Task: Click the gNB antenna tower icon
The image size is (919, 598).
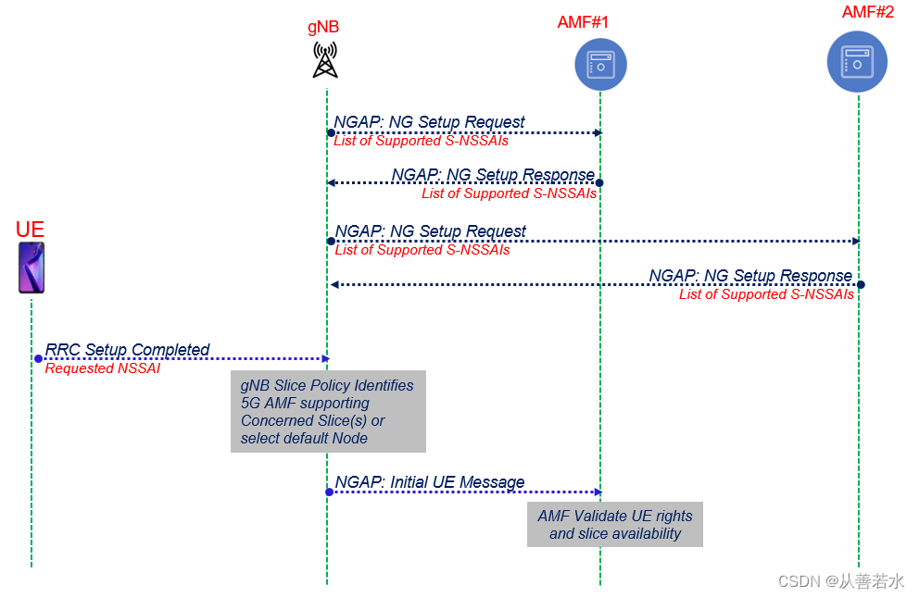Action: pyautogui.click(x=325, y=59)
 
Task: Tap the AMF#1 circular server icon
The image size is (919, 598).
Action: pyautogui.click(x=600, y=65)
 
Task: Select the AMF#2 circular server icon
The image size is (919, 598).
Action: pyautogui.click(x=857, y=62)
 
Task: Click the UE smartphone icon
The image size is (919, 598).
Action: pyautogui.click(x=31, y=268)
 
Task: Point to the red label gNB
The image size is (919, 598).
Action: pyautogui.click(x=323, y=27)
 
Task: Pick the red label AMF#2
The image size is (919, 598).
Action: pyautogui.click(x=868, y=12)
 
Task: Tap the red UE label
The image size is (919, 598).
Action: pyautogui.click(x=30, y=230)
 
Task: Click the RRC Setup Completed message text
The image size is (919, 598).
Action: pyautogui.click(x=128, y=349)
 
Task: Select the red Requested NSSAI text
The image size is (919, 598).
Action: pyautogui.click(x=102, y=368)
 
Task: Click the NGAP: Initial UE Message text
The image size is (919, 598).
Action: pyautogui.click(x=430, y=482)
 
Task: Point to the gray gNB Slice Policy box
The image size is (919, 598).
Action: pyautogui.click(x=328, y=412)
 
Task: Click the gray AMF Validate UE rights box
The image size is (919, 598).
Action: pyautogui.click(x=615, y=525)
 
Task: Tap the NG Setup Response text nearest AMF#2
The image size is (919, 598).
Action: pyautogui.click(x=749, y=276)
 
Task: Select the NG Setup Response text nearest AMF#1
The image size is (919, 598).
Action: pyautogui.click(x=493, y=175)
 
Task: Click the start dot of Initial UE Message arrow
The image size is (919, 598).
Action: pyautogui.click(x=329, y=492)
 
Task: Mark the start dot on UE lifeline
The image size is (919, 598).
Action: pyautogui.click(x=38, y=358)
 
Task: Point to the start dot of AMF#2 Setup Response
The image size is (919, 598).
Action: pyautogui.click(x=860, y=284)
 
